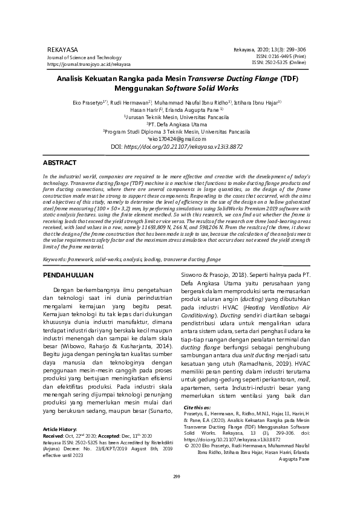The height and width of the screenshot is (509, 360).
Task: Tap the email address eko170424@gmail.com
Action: (x=180, y=138)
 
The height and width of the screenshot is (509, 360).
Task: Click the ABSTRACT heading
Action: (x=60, y=163)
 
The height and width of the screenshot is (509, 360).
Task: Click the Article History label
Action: (x=61, y=428)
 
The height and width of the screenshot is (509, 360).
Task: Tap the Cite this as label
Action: (x=197, y=408)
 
